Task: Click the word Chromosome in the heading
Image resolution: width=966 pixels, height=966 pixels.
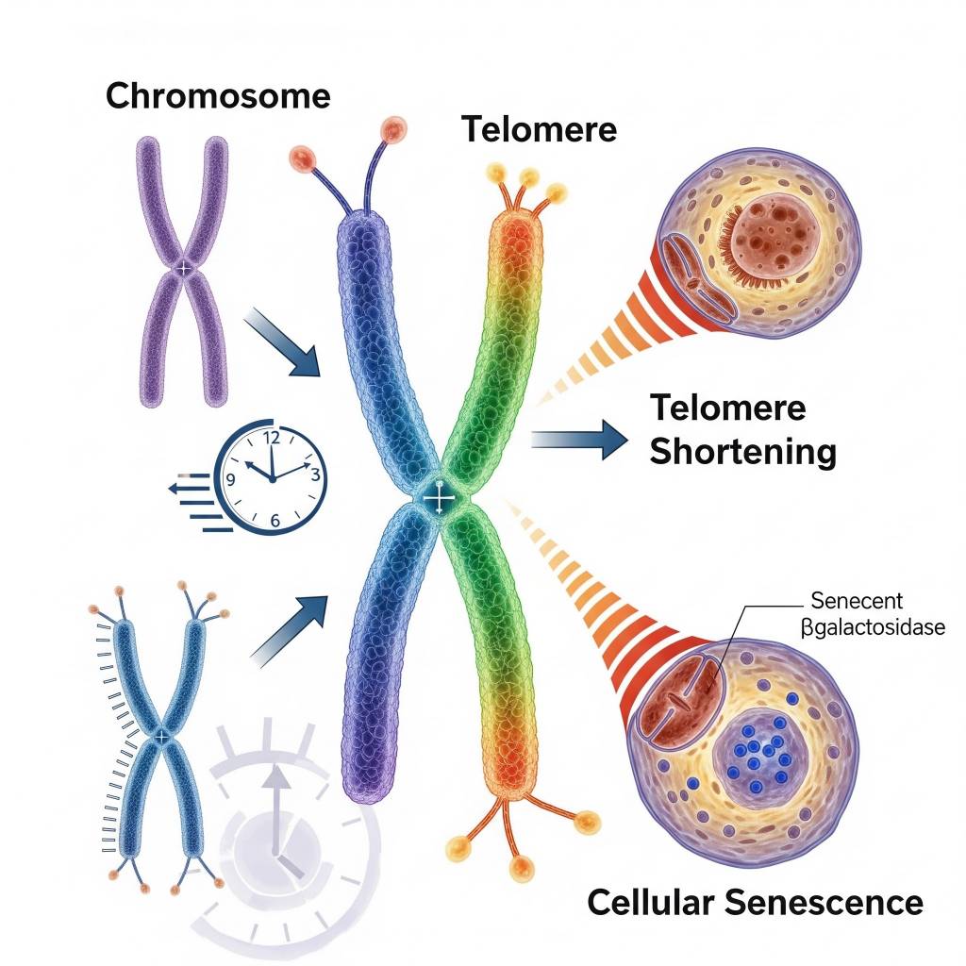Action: point(218,96)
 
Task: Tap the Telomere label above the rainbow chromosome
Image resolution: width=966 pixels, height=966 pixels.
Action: point(539,129)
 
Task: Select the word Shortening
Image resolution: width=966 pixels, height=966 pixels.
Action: point(743,452)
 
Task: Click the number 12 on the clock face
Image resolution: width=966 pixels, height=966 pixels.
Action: point(273,438)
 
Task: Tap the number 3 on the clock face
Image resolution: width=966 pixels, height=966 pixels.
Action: point(315,476)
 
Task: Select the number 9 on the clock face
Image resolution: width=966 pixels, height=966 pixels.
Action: point(230,478)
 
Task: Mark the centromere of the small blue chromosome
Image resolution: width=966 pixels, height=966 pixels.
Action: point(162,735)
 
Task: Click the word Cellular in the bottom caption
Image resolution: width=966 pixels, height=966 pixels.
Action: point(651,902)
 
